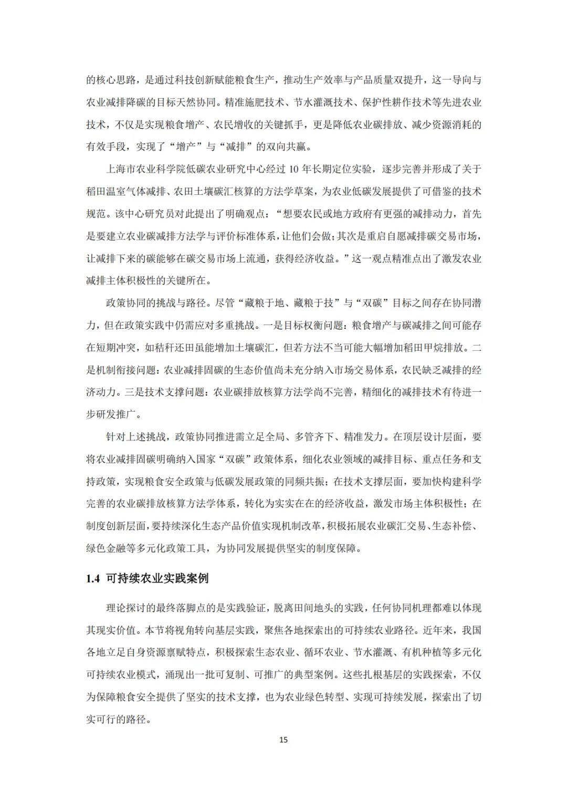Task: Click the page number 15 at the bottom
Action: click(x=283, y=739)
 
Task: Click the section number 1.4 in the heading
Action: click(x=93, y=578)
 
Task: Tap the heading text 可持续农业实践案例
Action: click(x=157, y=578)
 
